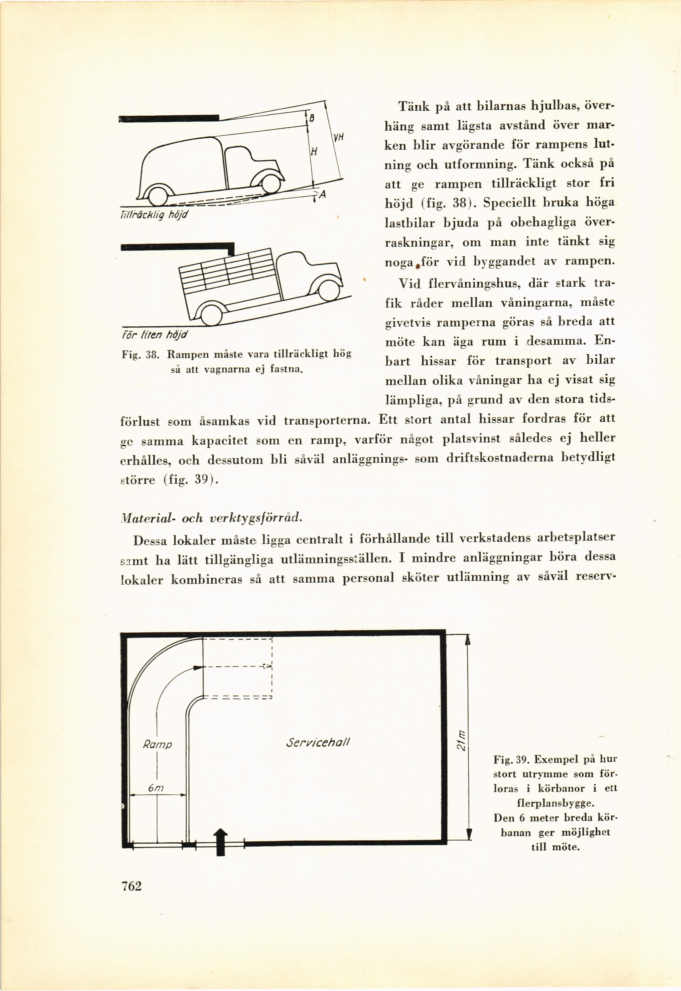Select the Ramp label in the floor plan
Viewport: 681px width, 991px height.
tap(157, 745)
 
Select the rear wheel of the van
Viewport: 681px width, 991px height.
tap(158, 196)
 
